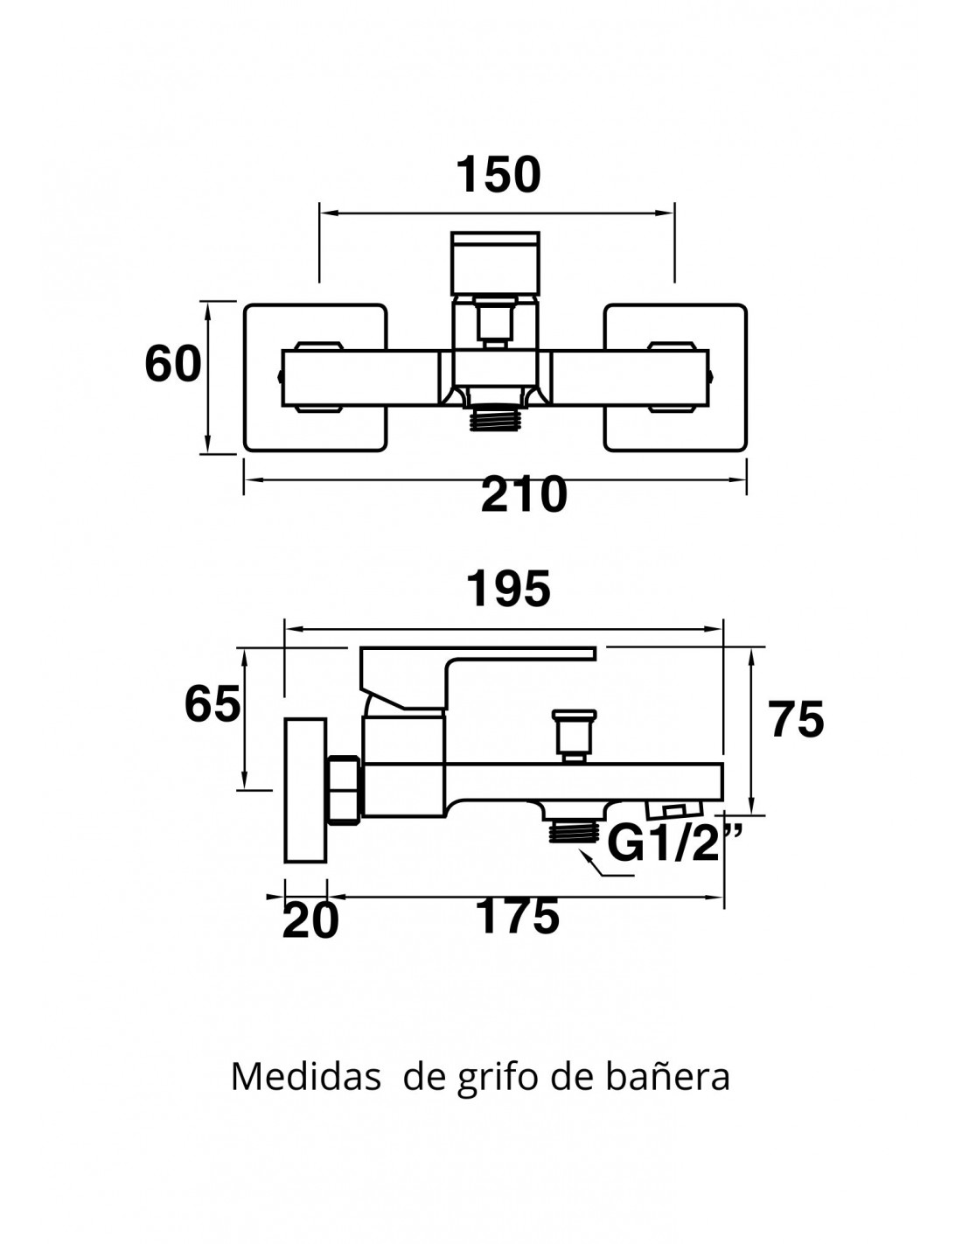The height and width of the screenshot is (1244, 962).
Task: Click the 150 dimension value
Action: click(x=498, y=175)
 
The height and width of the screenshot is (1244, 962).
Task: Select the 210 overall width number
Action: click(x=524, y=496)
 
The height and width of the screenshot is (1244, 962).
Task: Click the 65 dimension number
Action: click(x=212, y=704)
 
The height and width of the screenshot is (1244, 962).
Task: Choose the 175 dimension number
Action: click(x=517, y=917)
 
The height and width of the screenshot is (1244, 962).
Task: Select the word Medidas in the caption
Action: click(x=305, y=1077)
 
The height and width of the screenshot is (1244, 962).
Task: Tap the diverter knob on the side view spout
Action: click(x=574, y=735)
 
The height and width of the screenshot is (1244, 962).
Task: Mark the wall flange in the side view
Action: click(x=303, y=791)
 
